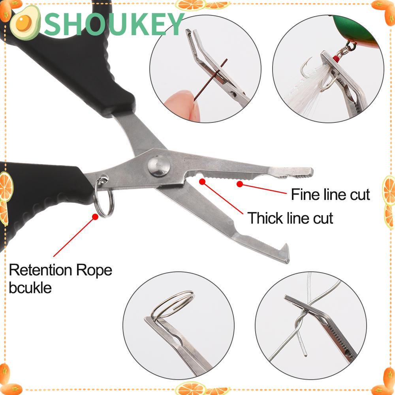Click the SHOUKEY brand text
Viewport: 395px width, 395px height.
coord(115,24)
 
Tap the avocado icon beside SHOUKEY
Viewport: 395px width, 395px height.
coord(24,24)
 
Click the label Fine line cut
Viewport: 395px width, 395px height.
coord(330,195)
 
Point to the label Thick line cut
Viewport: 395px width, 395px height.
coord(290,218)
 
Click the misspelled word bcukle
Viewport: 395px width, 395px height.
coord(30,288)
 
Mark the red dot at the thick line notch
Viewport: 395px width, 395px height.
coord(203,181)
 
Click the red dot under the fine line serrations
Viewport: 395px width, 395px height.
coord(240,183)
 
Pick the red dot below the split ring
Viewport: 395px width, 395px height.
coord(95,216)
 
